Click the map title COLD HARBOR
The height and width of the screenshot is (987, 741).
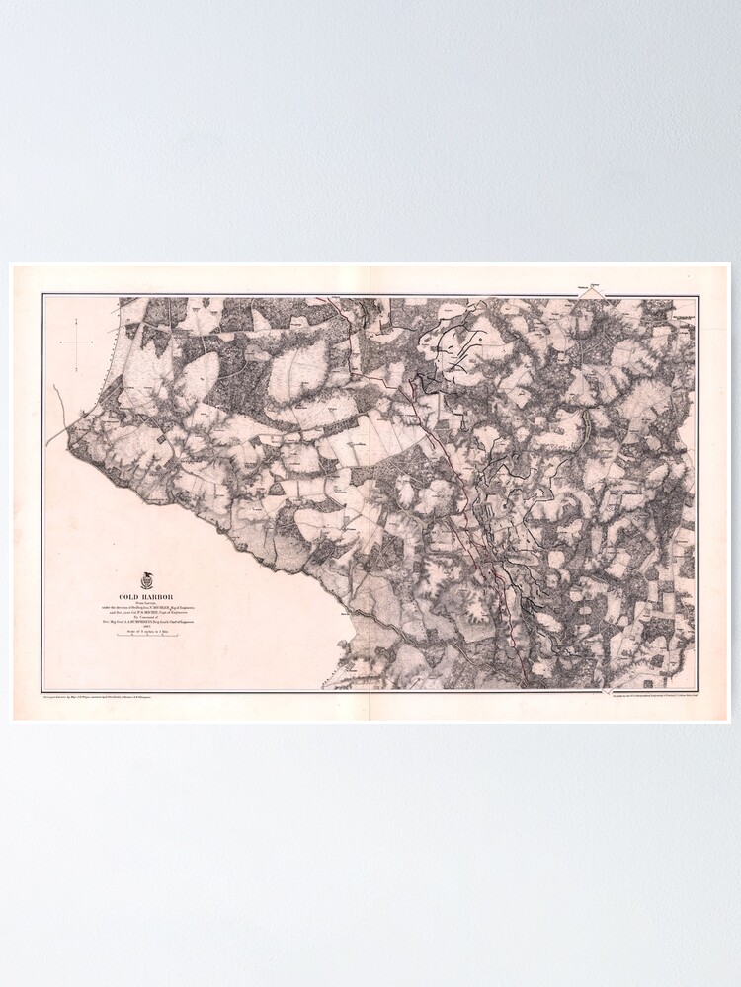146,597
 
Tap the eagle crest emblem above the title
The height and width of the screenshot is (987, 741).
147,580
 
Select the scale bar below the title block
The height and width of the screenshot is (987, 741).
147,635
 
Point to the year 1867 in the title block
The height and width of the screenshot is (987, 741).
146,626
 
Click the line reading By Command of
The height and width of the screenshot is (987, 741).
146,618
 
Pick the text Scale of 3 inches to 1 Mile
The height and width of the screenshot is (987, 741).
147,632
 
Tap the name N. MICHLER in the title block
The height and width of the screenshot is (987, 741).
163,608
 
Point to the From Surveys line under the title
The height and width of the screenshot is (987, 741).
146,603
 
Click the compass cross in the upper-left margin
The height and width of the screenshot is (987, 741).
77,342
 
